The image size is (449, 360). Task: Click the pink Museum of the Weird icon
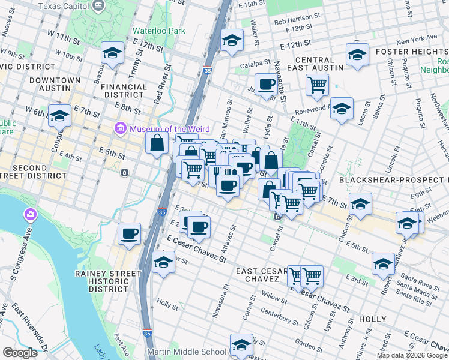(x=120, y=128)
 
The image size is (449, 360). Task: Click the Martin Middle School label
(x=187, y=352)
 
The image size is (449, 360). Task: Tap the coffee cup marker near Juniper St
(x=265, y=83)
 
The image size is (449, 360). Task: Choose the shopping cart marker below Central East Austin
(x=316, y=84)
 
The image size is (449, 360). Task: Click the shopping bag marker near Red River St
(x=157, y=143)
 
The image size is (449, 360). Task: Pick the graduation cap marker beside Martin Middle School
(x=241, y=344)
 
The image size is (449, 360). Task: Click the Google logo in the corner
(x=20, y=353)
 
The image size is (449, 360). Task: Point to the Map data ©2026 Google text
(x=412, y=355)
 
